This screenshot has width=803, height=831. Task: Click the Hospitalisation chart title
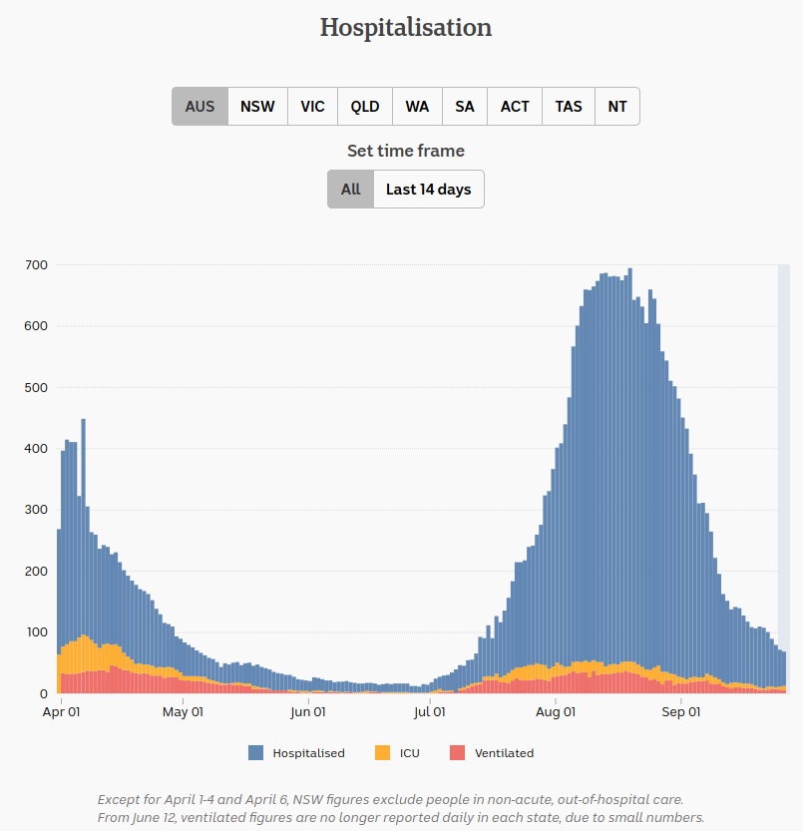(405, 27)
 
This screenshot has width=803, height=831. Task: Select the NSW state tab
(257, 107)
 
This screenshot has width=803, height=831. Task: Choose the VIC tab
(312, 107)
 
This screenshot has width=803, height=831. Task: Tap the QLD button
(365, 107)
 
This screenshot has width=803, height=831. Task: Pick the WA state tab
(417, 107)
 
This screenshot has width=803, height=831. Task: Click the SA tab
(465, 107)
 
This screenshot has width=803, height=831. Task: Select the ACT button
(515, 107)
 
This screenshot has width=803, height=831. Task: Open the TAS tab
(569, 107)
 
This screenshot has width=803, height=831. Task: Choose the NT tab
(617, 107)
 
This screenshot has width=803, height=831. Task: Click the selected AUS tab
(200, 107)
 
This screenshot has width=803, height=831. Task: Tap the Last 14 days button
(428, 190)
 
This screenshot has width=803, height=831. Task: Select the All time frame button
(350, 190)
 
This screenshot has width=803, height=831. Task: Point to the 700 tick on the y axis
(37, 265)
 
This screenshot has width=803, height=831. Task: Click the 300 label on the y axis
(37, 510)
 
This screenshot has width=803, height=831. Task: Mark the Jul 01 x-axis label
(429, 712)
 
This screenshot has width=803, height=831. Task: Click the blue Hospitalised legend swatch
(256, 753)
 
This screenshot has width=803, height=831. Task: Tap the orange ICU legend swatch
(382, 753)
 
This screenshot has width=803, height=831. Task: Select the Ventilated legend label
(504, 753)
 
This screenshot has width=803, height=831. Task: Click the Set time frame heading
(405, 152)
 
